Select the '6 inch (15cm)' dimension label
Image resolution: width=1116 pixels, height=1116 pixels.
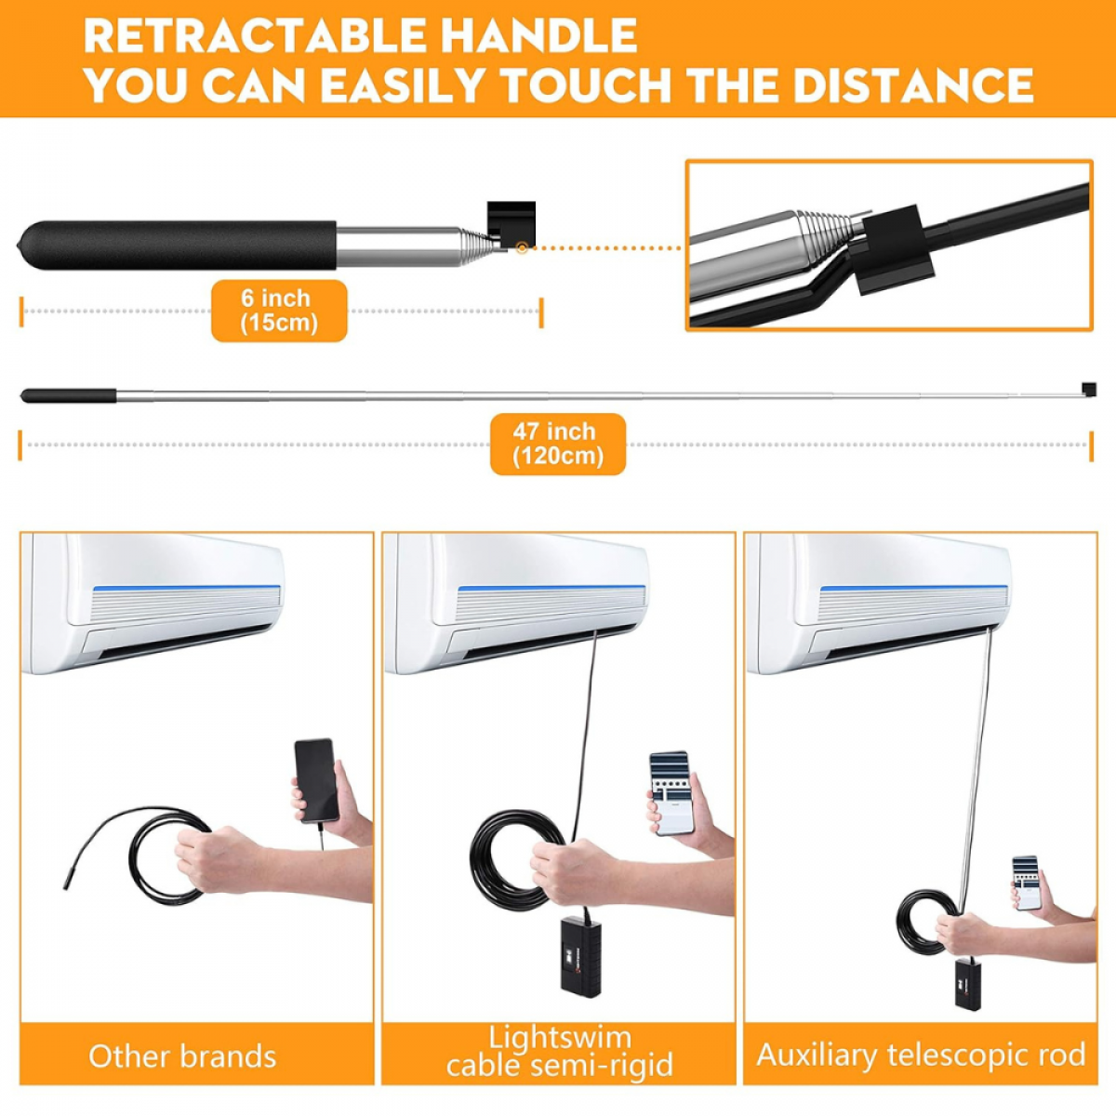[279, 311]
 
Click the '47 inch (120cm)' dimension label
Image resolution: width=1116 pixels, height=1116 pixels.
[558, 444]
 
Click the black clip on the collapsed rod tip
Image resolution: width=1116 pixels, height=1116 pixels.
[511, 223]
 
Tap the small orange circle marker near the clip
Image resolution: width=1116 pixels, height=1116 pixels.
[523, 248]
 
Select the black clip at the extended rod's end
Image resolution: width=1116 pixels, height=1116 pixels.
[1089, 389]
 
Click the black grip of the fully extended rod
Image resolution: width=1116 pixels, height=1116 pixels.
[68, 395]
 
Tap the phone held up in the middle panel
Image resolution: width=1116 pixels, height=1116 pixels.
[671, 793]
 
